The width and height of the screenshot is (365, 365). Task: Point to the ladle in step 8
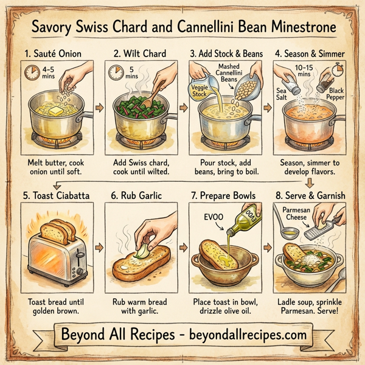click(x=285, y=231)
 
